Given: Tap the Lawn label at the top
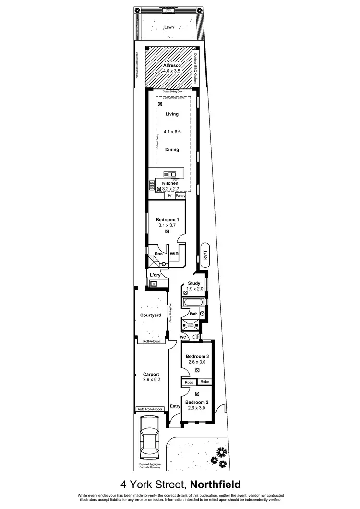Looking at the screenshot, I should click(169, 27).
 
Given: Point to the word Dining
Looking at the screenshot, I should click(172, 149).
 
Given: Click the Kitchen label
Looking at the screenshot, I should click(170, 183).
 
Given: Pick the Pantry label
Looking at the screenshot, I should click(180, 196).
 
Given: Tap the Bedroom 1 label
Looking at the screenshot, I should click(167, 219).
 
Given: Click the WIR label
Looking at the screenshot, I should click(174, 253).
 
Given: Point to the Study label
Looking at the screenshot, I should click(194, 283).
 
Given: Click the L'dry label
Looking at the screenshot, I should click(155, 274).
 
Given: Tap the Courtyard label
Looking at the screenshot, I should click(150, 315).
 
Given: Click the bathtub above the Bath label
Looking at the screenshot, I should click(193, 303).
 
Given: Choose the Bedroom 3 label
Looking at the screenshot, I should click(197, 357).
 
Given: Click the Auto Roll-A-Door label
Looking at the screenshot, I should click(150, 409).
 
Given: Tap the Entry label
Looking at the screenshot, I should click(175, 406).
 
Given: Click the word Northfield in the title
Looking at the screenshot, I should click(216, 484).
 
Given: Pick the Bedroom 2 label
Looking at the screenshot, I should click(197, 402).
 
